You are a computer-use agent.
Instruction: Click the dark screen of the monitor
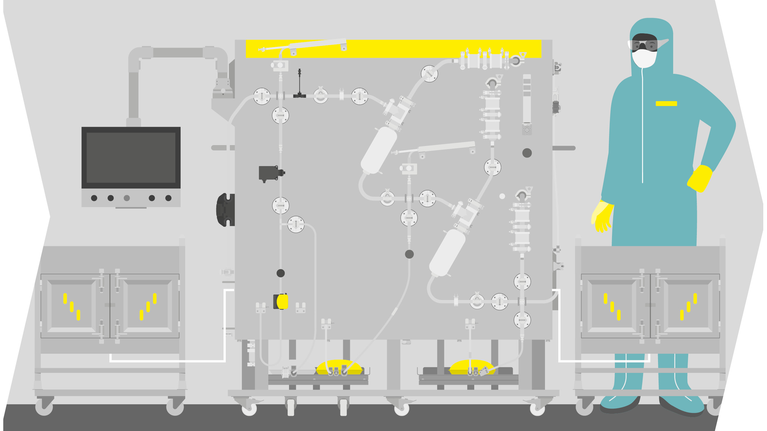131,157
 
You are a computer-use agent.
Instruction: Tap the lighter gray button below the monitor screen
127,198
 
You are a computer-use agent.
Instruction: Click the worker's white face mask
644,58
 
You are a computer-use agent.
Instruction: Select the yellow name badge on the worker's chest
666,103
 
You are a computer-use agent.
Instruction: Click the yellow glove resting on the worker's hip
700,178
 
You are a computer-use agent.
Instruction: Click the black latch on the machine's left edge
225,209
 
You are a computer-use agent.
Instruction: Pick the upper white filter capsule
379,150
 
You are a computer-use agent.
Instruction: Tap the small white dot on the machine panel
502,196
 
